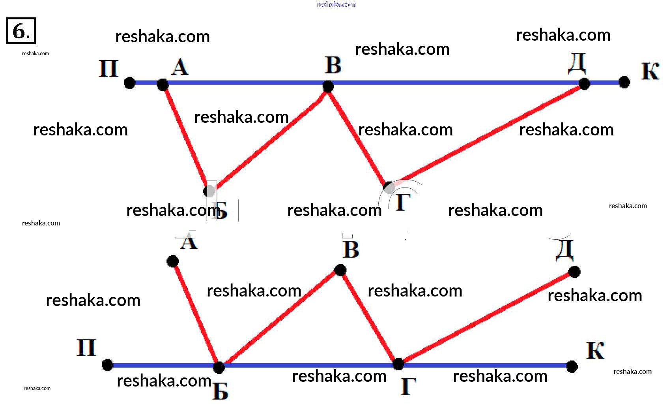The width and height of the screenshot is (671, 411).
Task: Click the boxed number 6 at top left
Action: coord(21,31)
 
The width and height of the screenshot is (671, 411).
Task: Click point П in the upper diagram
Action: coord(129,83)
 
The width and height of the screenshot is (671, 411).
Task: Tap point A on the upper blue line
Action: coord(163,84)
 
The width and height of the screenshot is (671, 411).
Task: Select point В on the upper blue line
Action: coord(328,86)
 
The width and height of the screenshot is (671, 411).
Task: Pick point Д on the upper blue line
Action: coord(584,84)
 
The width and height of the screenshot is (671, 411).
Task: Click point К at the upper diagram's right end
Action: coord(624,82)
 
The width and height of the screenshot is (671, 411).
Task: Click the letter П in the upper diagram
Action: coord(108,69)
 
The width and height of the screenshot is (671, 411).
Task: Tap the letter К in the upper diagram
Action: coord(650,71)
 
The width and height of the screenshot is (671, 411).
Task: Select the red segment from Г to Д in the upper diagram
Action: coord(485,135)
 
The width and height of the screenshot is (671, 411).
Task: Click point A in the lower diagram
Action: coord(173,261)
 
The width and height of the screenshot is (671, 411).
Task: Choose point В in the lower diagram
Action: coord(340,270)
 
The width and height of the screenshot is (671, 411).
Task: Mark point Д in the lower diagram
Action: coord(574,272)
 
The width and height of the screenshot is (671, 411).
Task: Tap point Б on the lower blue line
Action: coord(219,367)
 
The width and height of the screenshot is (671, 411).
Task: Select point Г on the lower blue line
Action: coord(398,364)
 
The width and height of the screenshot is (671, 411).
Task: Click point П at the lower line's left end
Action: coord(107,365)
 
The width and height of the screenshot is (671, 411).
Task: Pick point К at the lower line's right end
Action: coord(572,366)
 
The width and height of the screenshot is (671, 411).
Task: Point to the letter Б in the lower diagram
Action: coord(220,392)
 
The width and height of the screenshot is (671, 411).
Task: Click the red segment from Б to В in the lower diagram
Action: coord(279,319)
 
